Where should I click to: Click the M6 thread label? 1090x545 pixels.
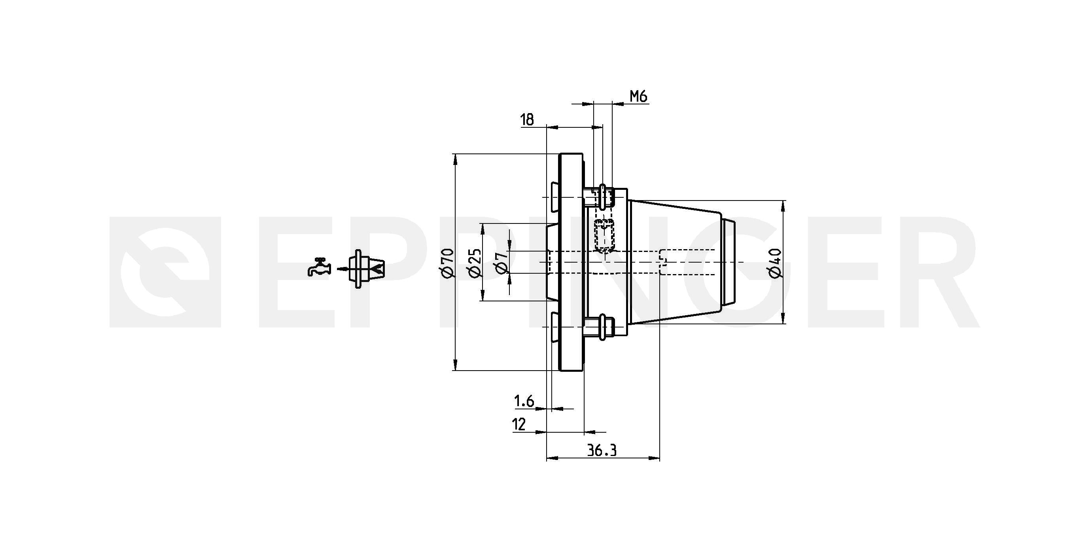pyautogui.click(x=638, y=97)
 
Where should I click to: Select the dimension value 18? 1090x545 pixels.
pyautogui.click(x=527, y=120)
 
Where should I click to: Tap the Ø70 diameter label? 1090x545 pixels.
pyautogui.click(x=447, y=263)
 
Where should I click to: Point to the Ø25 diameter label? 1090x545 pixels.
pyautogui.click(x=475, y=263)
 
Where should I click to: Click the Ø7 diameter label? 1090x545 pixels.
pyautogui.click(x=501, y=263)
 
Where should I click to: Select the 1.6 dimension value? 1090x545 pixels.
pyautogui.click(x=524, y=401)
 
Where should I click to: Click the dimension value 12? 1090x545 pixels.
pyautogui.click(x=519, y=424)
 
